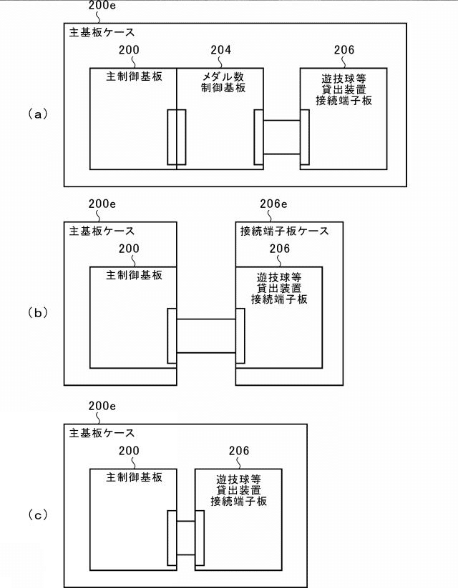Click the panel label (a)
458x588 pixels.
coord(37,113)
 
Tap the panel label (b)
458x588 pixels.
coord(37,312)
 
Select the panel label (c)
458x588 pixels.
coord(37,513)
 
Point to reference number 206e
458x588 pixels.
coord(272,204)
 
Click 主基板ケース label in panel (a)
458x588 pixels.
coord(102,33)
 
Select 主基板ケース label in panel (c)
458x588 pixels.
coord(102,433)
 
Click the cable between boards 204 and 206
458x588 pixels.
coord(281,138)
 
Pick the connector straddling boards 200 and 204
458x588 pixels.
coord(176,136)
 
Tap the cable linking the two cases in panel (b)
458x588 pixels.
coord(205,336)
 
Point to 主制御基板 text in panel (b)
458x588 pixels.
coord(134,274)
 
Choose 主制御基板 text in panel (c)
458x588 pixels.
coord(134,477)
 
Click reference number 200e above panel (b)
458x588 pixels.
coord(102,204)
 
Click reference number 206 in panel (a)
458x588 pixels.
coord(343,50)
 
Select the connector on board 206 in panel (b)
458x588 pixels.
coord(240,337)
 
